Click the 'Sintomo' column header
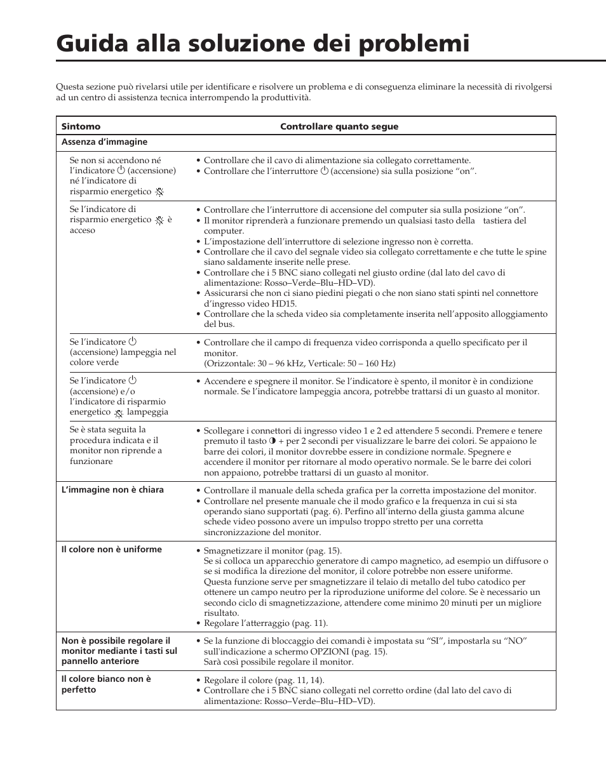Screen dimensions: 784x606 click(x=81, y=126)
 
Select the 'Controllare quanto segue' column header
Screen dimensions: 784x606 click(x=339, y=126)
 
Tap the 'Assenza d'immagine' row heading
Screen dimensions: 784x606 click(x=104, y=142)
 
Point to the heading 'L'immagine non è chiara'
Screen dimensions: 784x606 click(x=112, y=490)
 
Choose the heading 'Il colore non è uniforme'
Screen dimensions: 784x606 click(x=111, y=550)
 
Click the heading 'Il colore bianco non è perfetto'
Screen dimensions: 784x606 click(x=106, y=684)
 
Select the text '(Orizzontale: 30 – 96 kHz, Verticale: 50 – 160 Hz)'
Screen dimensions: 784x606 click(x=299, y=364)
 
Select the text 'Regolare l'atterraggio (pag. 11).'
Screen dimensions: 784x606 click(x=266, y=623)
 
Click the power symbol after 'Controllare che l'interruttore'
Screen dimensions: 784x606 click(x=324, y=171)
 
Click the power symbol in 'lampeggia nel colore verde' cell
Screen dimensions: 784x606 click(x=133, y=342)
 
